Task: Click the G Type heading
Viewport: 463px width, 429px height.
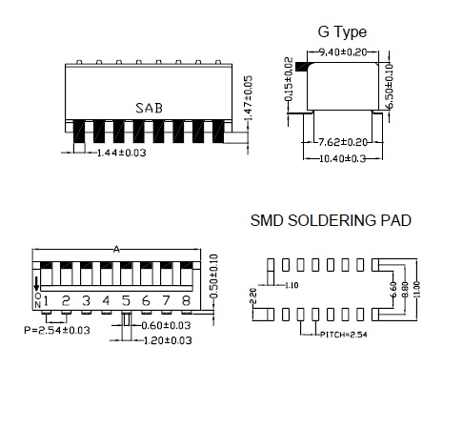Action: point(342,32)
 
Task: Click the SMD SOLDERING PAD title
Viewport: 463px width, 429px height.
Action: point(331,220)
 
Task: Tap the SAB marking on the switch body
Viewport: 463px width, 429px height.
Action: point(149,108)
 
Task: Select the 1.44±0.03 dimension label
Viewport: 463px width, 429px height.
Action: point(122,153)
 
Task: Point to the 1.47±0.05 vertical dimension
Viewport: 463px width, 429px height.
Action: point(249,98)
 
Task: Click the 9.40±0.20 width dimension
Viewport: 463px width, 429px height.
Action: point(343,51)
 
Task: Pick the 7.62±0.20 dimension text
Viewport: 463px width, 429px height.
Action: point(343,142)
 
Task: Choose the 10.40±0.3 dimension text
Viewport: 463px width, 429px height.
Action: point(342,158)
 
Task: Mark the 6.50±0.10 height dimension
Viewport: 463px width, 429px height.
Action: point(390,86)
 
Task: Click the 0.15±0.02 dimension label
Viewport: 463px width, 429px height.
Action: point(289,79)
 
